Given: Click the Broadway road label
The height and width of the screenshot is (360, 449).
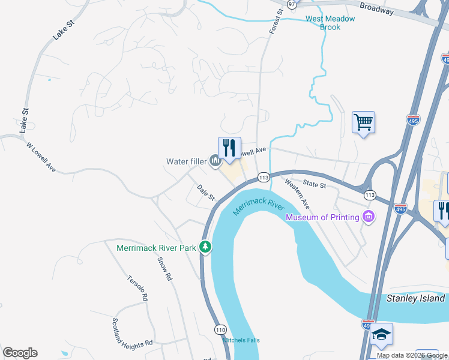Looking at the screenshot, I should coord(377,8).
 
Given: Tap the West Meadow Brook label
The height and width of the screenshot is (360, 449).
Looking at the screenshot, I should coord(330,23).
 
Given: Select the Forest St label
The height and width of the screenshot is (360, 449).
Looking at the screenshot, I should coord(276,22).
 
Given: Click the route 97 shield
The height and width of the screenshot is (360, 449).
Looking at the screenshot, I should coord(292,4).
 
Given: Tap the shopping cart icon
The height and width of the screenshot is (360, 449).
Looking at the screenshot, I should coord(363,122).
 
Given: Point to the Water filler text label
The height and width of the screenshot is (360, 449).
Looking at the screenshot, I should coord(186,161).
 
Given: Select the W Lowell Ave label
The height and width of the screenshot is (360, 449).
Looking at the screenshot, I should coord(41,157).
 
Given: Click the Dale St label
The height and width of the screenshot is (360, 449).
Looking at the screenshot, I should coord(206,193).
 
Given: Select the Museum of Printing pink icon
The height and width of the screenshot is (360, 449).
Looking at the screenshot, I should coord(369,217).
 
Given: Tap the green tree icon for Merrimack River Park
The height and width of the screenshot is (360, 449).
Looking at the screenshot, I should coord(205,247).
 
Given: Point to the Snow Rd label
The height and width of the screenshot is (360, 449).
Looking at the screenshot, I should coord(164,269).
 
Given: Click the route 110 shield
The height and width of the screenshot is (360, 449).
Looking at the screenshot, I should coord(220,329).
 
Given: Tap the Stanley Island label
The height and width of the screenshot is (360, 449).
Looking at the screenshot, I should coord(415,298).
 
